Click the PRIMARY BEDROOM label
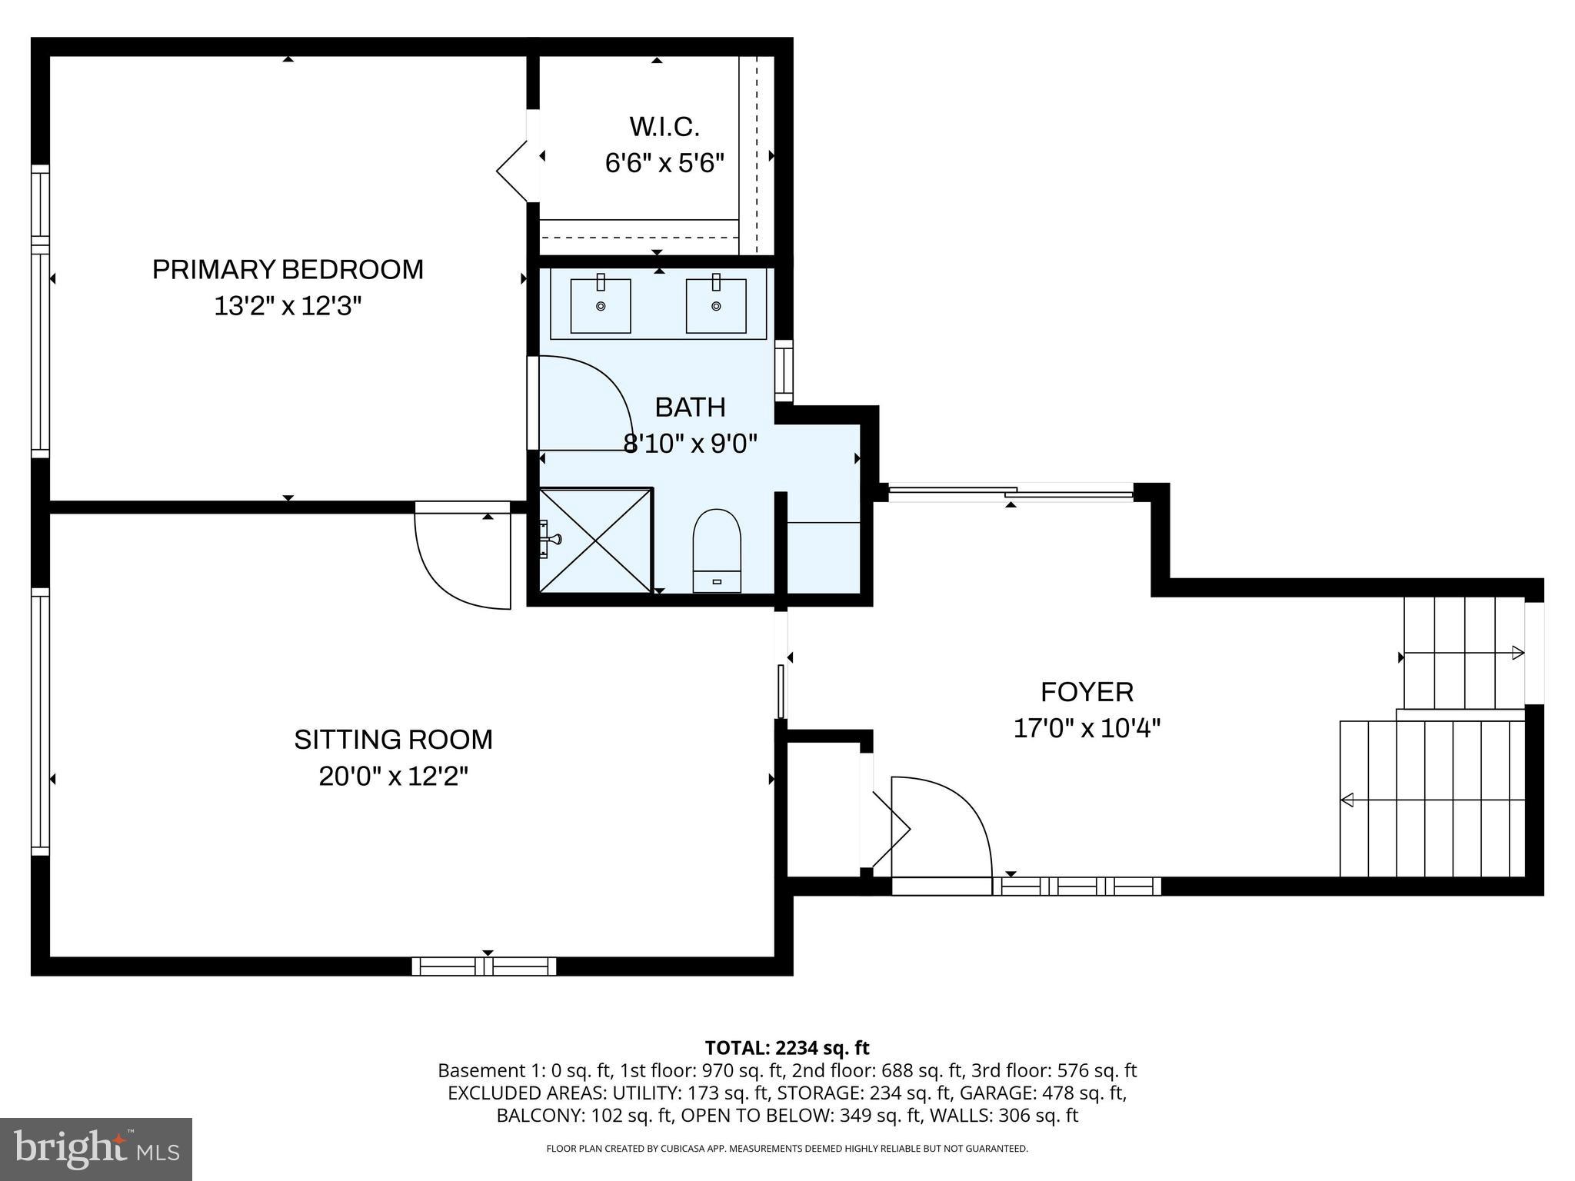click(288, 270)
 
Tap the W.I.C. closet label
click(664, 126)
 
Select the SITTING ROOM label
click(393, 740)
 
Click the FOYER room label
click(1087, 692)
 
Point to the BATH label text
click(690, 407)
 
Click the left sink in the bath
click(601, 305)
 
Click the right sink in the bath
click(716, 305)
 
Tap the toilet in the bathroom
click(717, 549)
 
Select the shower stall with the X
click(596, 541)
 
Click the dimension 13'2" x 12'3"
click(288, 307)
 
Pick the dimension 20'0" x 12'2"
click(393, 777)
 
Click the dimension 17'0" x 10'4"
click(1087, 728)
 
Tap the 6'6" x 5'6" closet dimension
click(664, 163)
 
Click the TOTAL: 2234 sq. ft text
click(787, 1048)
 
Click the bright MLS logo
click(96, 1149)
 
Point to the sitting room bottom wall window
click(484, 966)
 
